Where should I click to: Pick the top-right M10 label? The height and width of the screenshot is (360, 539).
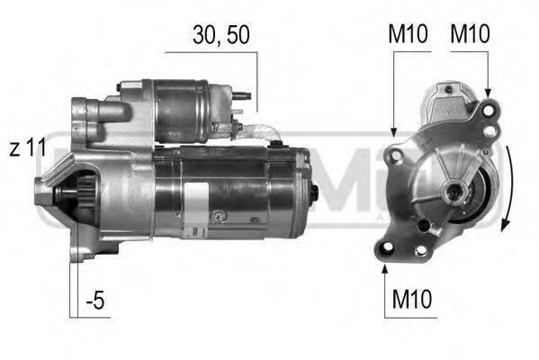tap(469, 35)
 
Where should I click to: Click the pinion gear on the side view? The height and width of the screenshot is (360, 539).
tap(76, 193)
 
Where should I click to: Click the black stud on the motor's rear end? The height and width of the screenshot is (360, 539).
tap(314, 193)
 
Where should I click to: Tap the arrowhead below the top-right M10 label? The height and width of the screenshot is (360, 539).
tap(487, 94)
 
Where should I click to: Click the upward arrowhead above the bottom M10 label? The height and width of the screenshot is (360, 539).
tap(385, 265)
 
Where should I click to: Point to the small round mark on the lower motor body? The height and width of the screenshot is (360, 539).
tap(216, 216)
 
